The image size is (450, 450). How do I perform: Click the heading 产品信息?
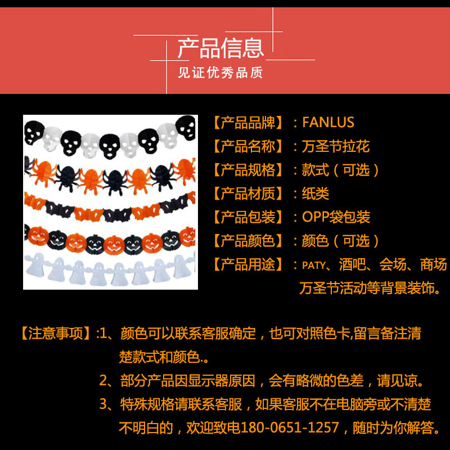(220, 48)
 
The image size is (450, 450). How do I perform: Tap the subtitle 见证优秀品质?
(220, 73)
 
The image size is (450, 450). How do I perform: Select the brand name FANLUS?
(328, 122)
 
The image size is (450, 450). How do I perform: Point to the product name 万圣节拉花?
(335, 146)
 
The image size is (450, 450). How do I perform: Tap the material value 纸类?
(315, 193)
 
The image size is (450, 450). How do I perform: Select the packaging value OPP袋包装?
(336, 217)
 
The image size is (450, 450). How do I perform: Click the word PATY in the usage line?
(314, 265)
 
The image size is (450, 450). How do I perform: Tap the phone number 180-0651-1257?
(290, 427)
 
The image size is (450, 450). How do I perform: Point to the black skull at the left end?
(34, 132)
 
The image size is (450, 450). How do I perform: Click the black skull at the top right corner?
(186, 128)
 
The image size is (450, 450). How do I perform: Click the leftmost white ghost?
(35, 264)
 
